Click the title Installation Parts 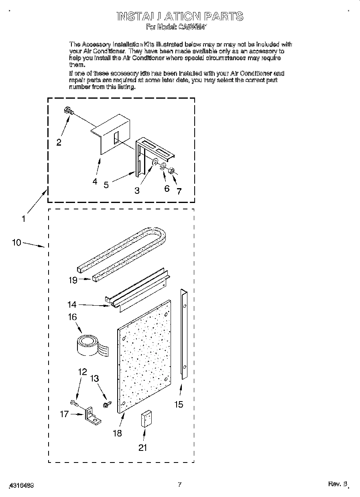click(179, 16)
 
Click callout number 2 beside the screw click(59, 142)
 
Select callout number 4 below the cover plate click(95, 181)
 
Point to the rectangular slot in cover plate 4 click(116, 137)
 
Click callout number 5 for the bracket click(106, 185)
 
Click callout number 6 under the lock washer click(167, 189)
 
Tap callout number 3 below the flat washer click(137, 191)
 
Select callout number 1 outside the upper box click(24, 219)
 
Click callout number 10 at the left click(16, 242)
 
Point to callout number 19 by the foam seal click(73, 280)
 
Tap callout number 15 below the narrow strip click(179, 404)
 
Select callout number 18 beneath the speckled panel click(117, 433)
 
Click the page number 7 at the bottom click(180, 485)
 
